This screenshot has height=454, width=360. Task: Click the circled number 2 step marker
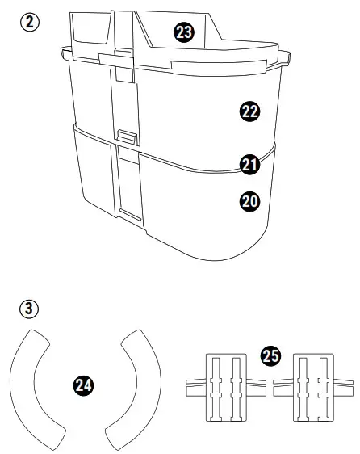(x=30, y=23)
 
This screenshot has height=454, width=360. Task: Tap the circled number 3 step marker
(x=30, y=309)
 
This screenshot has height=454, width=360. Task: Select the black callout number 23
(x=184, y=32)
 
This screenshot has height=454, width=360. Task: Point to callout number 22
(x=249, y=111)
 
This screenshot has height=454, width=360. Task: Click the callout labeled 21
(x=249, y=165)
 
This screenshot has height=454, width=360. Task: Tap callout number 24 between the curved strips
(x=82, y=385)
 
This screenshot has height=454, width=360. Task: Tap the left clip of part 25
(x=225, y=386)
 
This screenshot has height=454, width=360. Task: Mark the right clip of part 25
(x=312, y=386)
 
